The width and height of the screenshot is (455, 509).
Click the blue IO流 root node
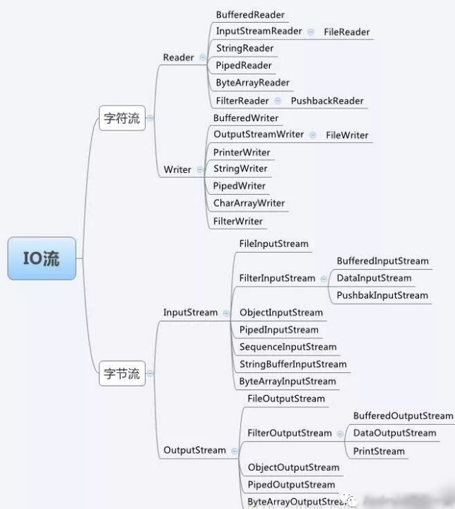click(42, 258)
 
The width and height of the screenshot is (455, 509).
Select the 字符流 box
click(122, 118)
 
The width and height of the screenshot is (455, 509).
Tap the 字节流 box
click(122, 373)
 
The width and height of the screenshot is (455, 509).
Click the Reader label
click(178, 57)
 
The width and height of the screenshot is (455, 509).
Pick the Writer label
click(177, 169)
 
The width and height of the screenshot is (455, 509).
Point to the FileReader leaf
click(346, 32)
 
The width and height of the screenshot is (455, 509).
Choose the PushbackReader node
click(327, 101)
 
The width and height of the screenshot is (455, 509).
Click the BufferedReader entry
click(251, 14)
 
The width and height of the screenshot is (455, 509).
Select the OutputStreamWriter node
click(259, 134)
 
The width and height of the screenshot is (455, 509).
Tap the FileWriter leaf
click(347, 135)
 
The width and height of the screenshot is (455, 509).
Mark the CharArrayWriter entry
click(249, 203)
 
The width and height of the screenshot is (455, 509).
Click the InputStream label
click(190, 312)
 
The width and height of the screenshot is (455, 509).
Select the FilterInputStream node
click(277, 278)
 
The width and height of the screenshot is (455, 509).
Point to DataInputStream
click(374, 278)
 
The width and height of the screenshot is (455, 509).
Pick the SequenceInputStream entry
click(288, 347)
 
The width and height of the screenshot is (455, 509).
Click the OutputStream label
click(194, 450)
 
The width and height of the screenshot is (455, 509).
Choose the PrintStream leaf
click(379, 451)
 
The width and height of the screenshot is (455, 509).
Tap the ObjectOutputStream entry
click(293, 468)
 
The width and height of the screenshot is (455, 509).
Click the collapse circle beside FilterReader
click(278, 101)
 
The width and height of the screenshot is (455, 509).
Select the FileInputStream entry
click(273, 244)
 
